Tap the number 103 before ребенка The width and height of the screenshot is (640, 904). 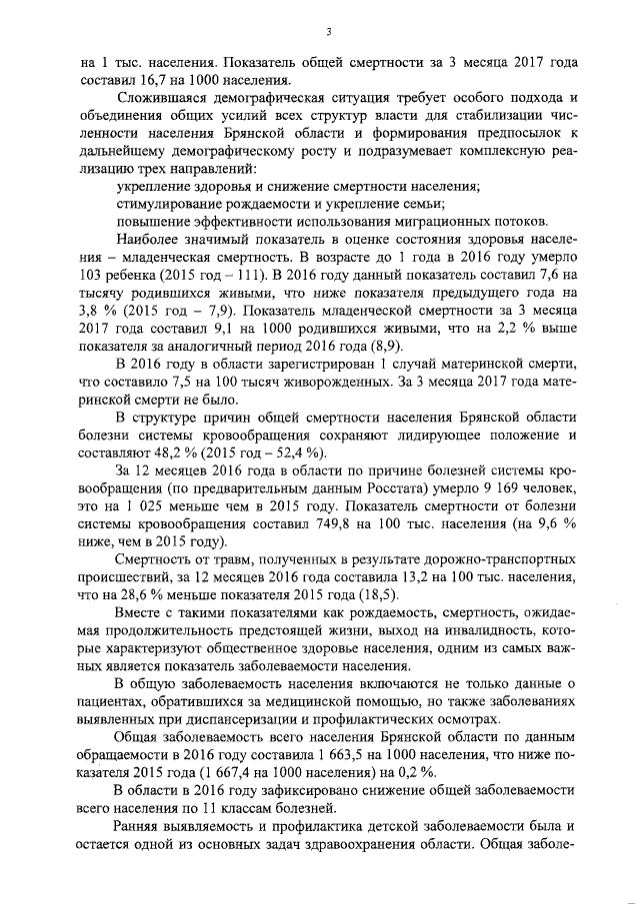click(x=95, y=271)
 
